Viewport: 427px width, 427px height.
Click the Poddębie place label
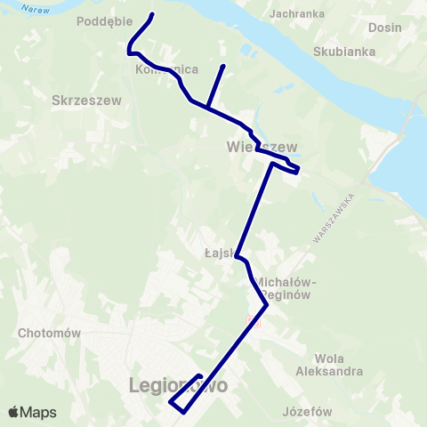105,20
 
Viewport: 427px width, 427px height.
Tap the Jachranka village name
297,14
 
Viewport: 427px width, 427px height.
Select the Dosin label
384,28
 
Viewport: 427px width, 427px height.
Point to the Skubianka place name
343,52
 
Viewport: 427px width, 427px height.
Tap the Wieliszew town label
261,146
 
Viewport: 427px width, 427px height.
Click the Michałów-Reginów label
286,287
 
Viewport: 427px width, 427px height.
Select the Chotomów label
50,333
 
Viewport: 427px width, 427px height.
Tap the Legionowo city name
178,387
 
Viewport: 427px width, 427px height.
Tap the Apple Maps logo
32,412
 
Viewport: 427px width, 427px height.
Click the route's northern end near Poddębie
153,14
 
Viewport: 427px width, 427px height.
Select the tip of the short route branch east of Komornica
222,66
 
